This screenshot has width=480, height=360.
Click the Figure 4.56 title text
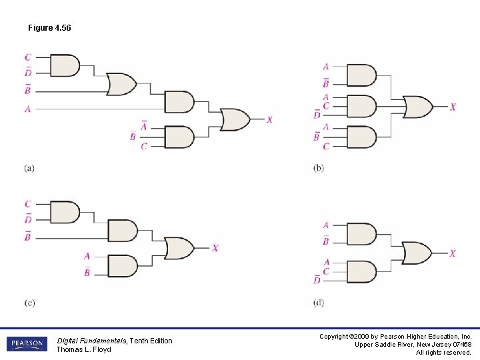49,28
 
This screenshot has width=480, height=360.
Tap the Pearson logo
27,344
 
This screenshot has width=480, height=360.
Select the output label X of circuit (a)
269,120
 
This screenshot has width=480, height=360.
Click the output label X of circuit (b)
453,107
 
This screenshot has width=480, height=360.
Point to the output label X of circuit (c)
215,248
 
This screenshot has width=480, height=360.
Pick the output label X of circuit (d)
453,253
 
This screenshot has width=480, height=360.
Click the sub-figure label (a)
29,168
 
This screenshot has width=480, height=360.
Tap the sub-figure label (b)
319,168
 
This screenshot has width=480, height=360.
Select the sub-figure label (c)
29,303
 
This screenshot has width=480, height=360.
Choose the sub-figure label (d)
319,303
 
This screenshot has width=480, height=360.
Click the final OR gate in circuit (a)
235,119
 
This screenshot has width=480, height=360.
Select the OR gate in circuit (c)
179,248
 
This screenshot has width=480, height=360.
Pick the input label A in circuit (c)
87,256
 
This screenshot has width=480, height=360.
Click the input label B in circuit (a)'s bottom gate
133,137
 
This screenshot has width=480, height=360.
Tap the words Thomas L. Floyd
83,349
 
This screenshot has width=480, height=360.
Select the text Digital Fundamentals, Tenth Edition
114,341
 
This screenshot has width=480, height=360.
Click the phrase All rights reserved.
443,352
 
